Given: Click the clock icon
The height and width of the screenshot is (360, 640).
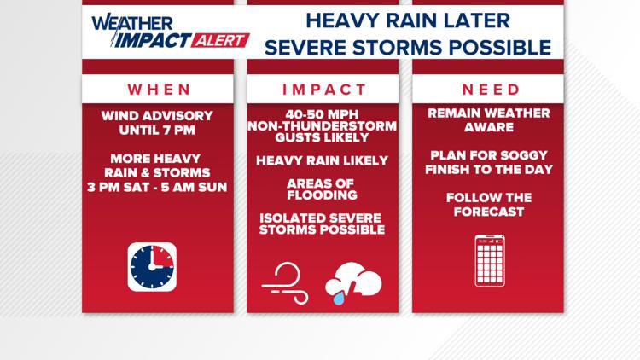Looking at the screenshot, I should click(152, 267).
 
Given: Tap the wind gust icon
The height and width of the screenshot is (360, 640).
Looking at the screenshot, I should click(285, 282).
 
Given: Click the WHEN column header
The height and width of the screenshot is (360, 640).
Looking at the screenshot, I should click(158, 89).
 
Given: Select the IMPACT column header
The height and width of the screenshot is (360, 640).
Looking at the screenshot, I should click(323, 89).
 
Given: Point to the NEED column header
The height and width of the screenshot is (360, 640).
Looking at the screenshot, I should click(491, 89).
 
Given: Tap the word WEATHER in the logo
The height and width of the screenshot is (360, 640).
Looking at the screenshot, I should click(132, 23).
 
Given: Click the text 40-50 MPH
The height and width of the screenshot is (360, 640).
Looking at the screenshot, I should click(323, 114).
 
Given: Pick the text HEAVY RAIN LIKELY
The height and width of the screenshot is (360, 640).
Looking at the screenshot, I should click(323, 160).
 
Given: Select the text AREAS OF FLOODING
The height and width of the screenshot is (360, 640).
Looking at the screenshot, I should click(323, 189).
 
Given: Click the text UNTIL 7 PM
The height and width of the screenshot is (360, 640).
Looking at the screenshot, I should click(158, 130).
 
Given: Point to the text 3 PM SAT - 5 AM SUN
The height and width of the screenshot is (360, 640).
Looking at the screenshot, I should click(158, 187).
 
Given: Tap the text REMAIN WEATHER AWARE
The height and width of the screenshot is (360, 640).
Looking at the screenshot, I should click(489, 120).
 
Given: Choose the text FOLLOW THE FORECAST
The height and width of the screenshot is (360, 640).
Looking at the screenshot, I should click(489, 205).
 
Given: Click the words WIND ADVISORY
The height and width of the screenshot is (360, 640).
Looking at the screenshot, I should click(158, 116).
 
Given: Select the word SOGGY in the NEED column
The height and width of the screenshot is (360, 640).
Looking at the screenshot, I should click(523, 155).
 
